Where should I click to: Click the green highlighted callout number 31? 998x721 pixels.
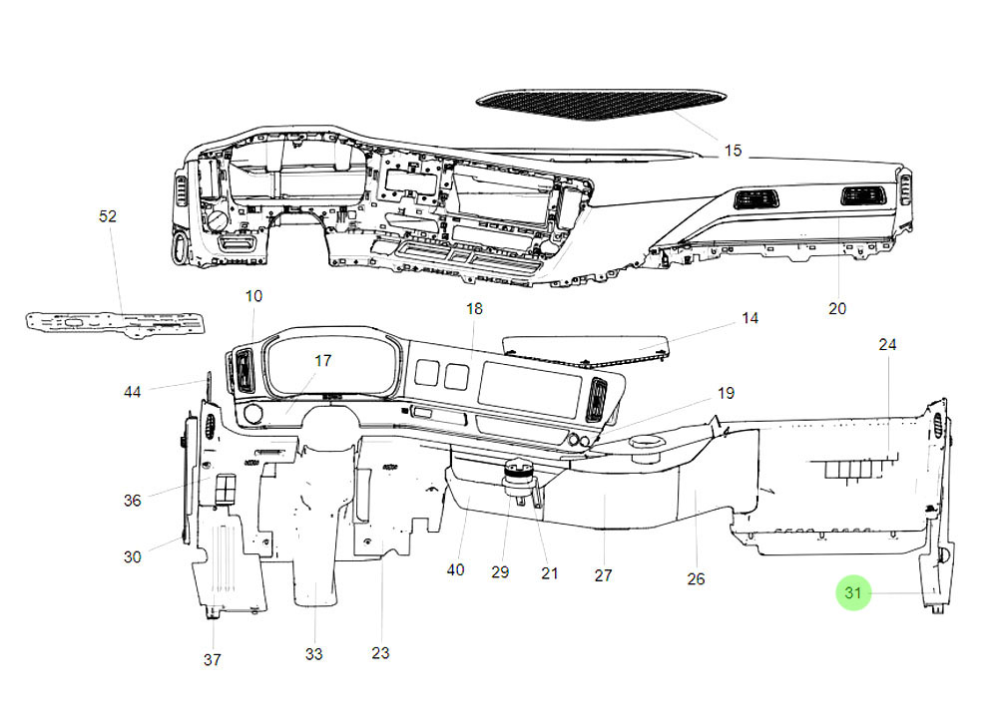click(x=852, y=593)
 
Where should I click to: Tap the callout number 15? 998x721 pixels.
click(x=734, y=151)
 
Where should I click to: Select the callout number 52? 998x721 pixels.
click(x=108, y=216)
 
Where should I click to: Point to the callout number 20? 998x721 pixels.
click(x=836, y=308)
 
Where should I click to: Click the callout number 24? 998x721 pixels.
click(x=887, y=344)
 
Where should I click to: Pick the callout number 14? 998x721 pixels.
click(x=749, y=318)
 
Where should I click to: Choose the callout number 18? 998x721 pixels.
click(x=474, y=309)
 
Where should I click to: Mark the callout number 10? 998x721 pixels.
click(x=253, y=296)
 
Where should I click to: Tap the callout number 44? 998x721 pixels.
click(x=133, y=392)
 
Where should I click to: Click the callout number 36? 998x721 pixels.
click(x=133, y=501)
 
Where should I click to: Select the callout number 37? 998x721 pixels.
click(x=213, y=659)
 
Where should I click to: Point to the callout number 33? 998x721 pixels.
click(x=314, y=654)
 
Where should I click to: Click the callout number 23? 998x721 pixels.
click(x=380, y=653)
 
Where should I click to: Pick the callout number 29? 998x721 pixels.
click(x=500, y=571)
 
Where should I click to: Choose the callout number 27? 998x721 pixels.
click(x=603, y=575)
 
